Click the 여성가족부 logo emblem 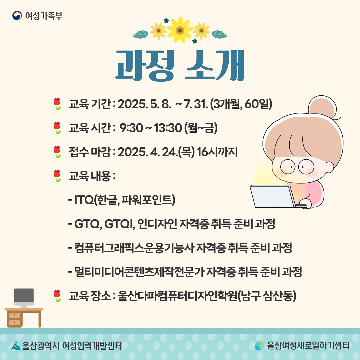(x=17, y=16)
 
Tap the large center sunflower (x=180, y=30)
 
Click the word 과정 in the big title (x=145, y=65)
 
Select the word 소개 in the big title (x=215, y=65)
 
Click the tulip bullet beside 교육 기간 (x=57, y=104)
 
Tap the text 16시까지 (x=217, y=152)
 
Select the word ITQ (x=84, y=200)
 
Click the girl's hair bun (x=322, y=107)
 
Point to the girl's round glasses (x=297, y=166)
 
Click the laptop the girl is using (x=276, y=197)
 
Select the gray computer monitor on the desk (x=24, y=298)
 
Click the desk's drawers (x=15, y=319)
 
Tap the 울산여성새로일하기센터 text (x=308, y=346)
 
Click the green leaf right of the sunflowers (x=219, y=34)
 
